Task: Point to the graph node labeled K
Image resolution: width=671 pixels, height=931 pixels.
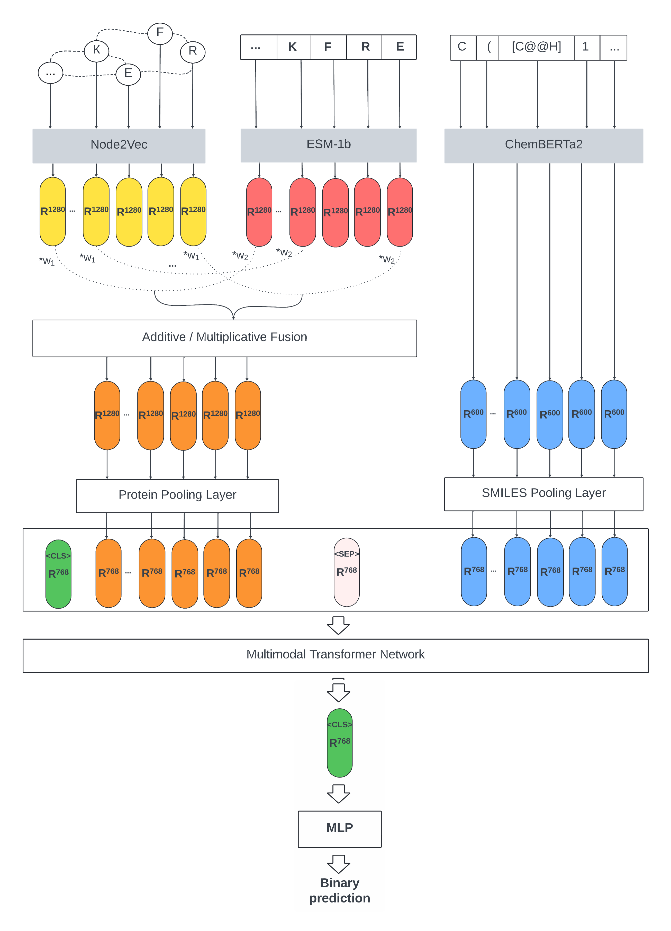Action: pyautogui.click(x=96, y=50)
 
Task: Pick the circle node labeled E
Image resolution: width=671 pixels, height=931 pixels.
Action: pyautogui.click(x=128, y=74)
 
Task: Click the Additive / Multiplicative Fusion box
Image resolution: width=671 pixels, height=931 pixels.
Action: pyautogui.click(x=224, y=337)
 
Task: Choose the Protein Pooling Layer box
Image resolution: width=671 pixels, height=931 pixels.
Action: pyautogui.click(x=177, y=495)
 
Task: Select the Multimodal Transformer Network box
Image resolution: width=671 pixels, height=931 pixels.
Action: pyautogui.click(x=335, y=655)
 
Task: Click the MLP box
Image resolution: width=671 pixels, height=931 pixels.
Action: pyautogui.click(x=339, y=828)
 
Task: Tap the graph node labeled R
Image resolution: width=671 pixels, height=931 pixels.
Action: pyautogui.click(x=193, y=51)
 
